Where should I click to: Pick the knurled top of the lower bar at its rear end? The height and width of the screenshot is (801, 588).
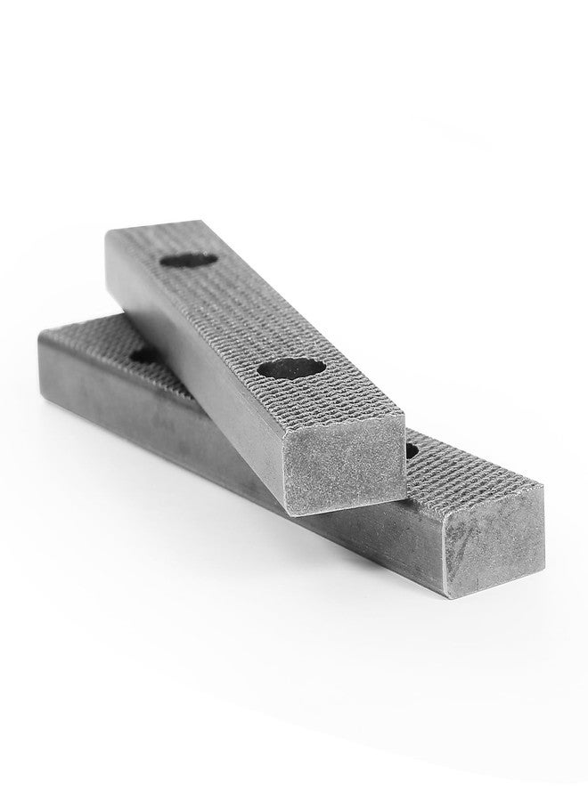click(85, 338)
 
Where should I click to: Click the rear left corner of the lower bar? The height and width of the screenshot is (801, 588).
click(37, 334)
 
